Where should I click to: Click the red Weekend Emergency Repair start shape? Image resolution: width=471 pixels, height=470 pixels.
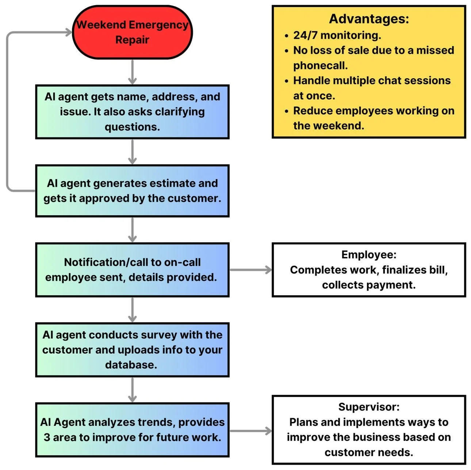pos(132,32)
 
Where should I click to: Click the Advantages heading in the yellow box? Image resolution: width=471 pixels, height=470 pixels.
pos(369,19)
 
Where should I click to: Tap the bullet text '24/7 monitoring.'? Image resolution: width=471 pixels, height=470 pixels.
pos(337,35)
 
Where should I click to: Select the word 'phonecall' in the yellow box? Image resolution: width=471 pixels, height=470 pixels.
pos(319,65)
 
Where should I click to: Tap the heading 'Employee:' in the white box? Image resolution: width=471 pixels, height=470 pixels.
pos(369,255)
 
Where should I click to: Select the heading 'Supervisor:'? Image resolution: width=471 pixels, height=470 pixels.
pos(369,407)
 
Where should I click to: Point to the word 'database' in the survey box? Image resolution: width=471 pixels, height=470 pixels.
pos(130,365)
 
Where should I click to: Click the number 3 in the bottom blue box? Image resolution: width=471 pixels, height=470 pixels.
pos(47,437)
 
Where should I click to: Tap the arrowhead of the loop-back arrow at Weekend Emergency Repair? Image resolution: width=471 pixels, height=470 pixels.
pos(69,33)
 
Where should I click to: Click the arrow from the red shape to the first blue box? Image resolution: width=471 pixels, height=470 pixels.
pos(133,72)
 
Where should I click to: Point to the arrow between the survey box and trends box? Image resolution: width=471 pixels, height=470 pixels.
pos(133,390)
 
